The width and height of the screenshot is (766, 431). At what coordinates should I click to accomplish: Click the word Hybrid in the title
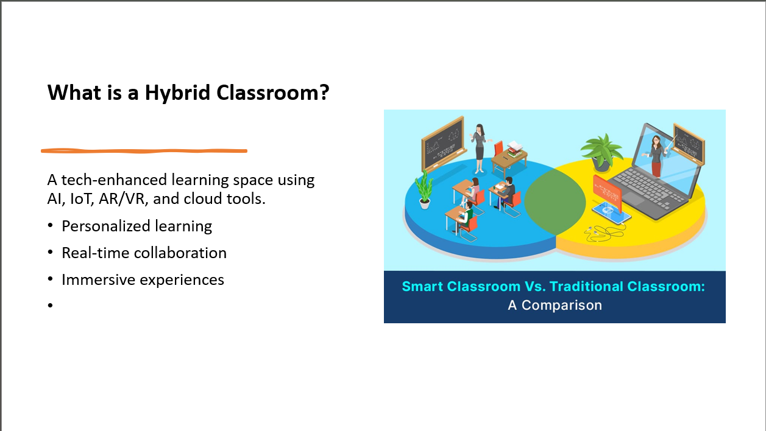(x=177, y=93)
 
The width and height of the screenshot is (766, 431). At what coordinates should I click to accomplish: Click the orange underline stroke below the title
(x=144, y=150)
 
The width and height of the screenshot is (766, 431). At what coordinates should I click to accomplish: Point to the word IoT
(x=82, y=199)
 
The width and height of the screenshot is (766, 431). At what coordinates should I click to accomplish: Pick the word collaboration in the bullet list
(x=180, y=253)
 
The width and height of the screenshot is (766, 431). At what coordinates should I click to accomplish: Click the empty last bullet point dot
(x=50, y=305)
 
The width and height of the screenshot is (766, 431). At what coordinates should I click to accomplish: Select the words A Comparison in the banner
(x=555, y=306)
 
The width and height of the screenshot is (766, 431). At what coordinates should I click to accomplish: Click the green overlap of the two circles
(x=555, y=202)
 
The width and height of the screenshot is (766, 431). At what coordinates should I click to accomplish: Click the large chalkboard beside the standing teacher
(x=444, y=144)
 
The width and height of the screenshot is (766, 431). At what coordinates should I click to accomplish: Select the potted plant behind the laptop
(x=602, y=152)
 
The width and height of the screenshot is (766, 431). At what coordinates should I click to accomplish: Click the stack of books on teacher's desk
(x=514, y=149)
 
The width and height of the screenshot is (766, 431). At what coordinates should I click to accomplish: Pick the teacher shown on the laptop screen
(x=656, y=155)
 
